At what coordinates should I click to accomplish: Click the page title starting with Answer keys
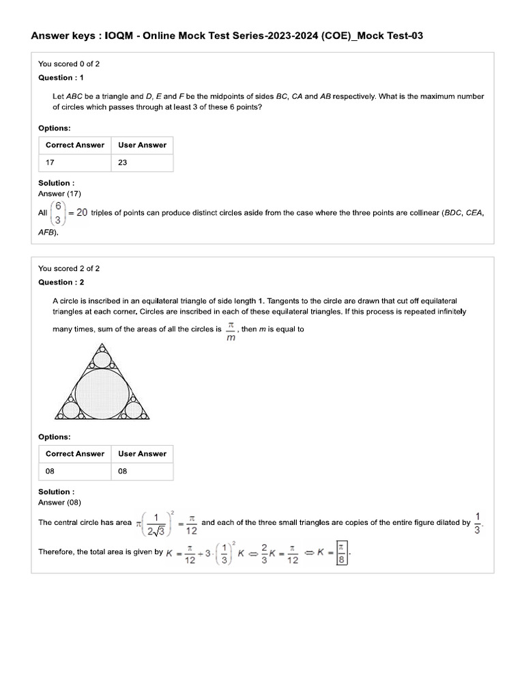click(227, 35)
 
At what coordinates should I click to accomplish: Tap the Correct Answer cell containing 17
click(74, 162)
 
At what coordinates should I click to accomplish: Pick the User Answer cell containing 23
click(142, 162)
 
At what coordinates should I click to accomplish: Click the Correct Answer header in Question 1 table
click(74, 145)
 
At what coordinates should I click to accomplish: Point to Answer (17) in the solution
click(60, 194)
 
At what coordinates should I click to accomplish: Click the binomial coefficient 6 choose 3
click(59, 212)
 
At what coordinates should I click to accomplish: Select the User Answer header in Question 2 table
click(142, 454)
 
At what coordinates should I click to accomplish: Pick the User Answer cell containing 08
click(142, 472)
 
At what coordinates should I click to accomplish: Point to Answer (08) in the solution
click(60, 502)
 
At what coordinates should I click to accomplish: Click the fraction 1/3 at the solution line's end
click(477, 523)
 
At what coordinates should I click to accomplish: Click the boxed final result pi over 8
click(342, 552)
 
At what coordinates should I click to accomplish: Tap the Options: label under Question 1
click(55, 128)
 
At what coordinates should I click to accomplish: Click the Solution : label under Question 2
click(57, 491)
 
